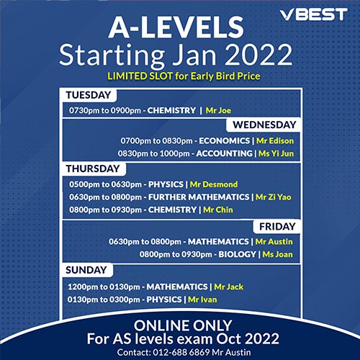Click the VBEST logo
tap(314, 14)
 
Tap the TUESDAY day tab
tap(89, 95)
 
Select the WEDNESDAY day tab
tap(264, 125)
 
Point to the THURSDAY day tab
tap(93, 168)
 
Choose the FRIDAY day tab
tap(277, 227)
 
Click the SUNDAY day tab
tap(86, 270)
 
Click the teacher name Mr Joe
tap(218, 110)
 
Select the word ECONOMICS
tap(225, 140)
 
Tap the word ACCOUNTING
tap(225, 153)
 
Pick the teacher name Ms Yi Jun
tap(276, 153)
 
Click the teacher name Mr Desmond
tap(214, 184)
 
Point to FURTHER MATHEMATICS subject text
tap(199, 197)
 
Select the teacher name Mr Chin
tap(218, 210)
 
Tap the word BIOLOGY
tap(237, 254)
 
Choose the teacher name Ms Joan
tap(278, 254)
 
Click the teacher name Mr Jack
tap(229, 287)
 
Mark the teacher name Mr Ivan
tap(202, 300)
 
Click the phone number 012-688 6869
tap(181, 352)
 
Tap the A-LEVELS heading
tap(176, 27)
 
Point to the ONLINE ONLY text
tap(183, 325)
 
